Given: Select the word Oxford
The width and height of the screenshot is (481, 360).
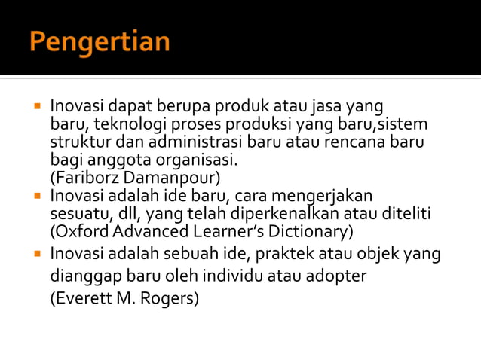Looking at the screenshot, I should point(76,231).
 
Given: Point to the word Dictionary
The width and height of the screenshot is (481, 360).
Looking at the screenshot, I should point(315,231).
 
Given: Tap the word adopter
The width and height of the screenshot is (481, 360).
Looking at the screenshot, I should point(335,276).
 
